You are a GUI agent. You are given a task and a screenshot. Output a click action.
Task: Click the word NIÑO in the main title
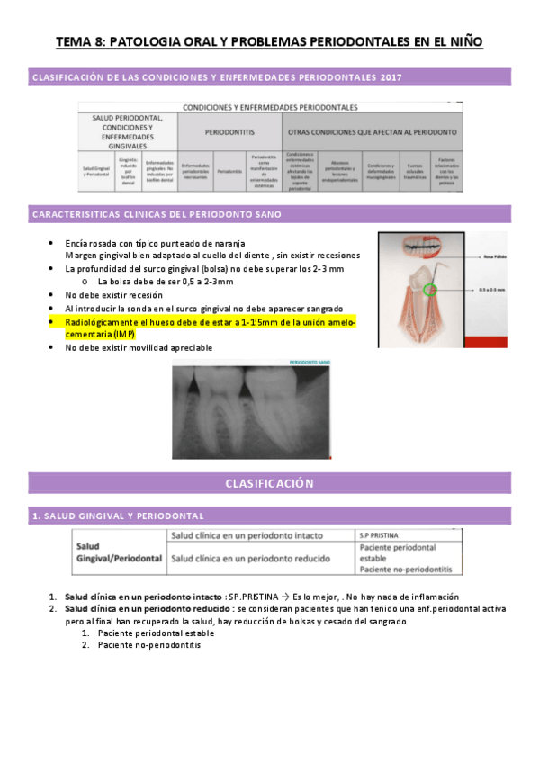click(460, 41)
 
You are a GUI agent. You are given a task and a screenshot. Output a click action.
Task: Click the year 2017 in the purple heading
click(387, 77)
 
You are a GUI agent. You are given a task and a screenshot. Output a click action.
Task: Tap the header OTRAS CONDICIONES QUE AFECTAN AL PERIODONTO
click(373, 130)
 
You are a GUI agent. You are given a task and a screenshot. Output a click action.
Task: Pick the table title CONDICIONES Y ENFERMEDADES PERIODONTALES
click(270, 107)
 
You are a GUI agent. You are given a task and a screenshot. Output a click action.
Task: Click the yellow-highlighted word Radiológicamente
click(100, 321)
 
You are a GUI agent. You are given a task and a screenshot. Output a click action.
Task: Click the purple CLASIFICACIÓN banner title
click(269, 483)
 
